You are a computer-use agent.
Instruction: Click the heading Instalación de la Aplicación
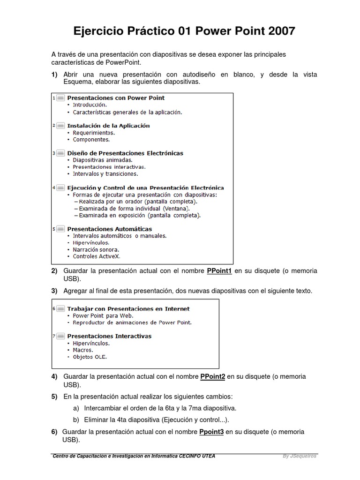pyautogui.click(x=108, y=126)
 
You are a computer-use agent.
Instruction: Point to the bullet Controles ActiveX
pyautogui.click(x=97, y=256)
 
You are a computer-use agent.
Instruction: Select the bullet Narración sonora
pyautogui.click(x=96, y=250)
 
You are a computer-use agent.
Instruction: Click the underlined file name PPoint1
pyautogui.click(x=219, y=271)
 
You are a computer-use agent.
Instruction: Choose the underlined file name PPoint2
pyautogui.click(x=213, y=376)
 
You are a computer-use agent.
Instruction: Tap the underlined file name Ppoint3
pyautogui.click(x=211, y=432)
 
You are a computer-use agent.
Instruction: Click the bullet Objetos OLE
pyautogui.click(x=90, y=357)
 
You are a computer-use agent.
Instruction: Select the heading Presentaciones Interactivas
pyautogui.click(x=109, y=336)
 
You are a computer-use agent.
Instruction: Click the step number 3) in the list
pyautogui.click(x=54, y=291)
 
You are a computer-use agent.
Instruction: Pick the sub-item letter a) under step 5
pyautogui.click(x=76, y=408)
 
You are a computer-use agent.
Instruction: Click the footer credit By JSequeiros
pyautogui.click(x=300, y=456)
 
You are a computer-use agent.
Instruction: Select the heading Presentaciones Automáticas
pyautogui.click(x=109, y=229)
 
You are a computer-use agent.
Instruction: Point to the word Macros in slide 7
pyautogui.click(x=82, y=350)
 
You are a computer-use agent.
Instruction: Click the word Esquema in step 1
pyautogui.click(x=76, y=82)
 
